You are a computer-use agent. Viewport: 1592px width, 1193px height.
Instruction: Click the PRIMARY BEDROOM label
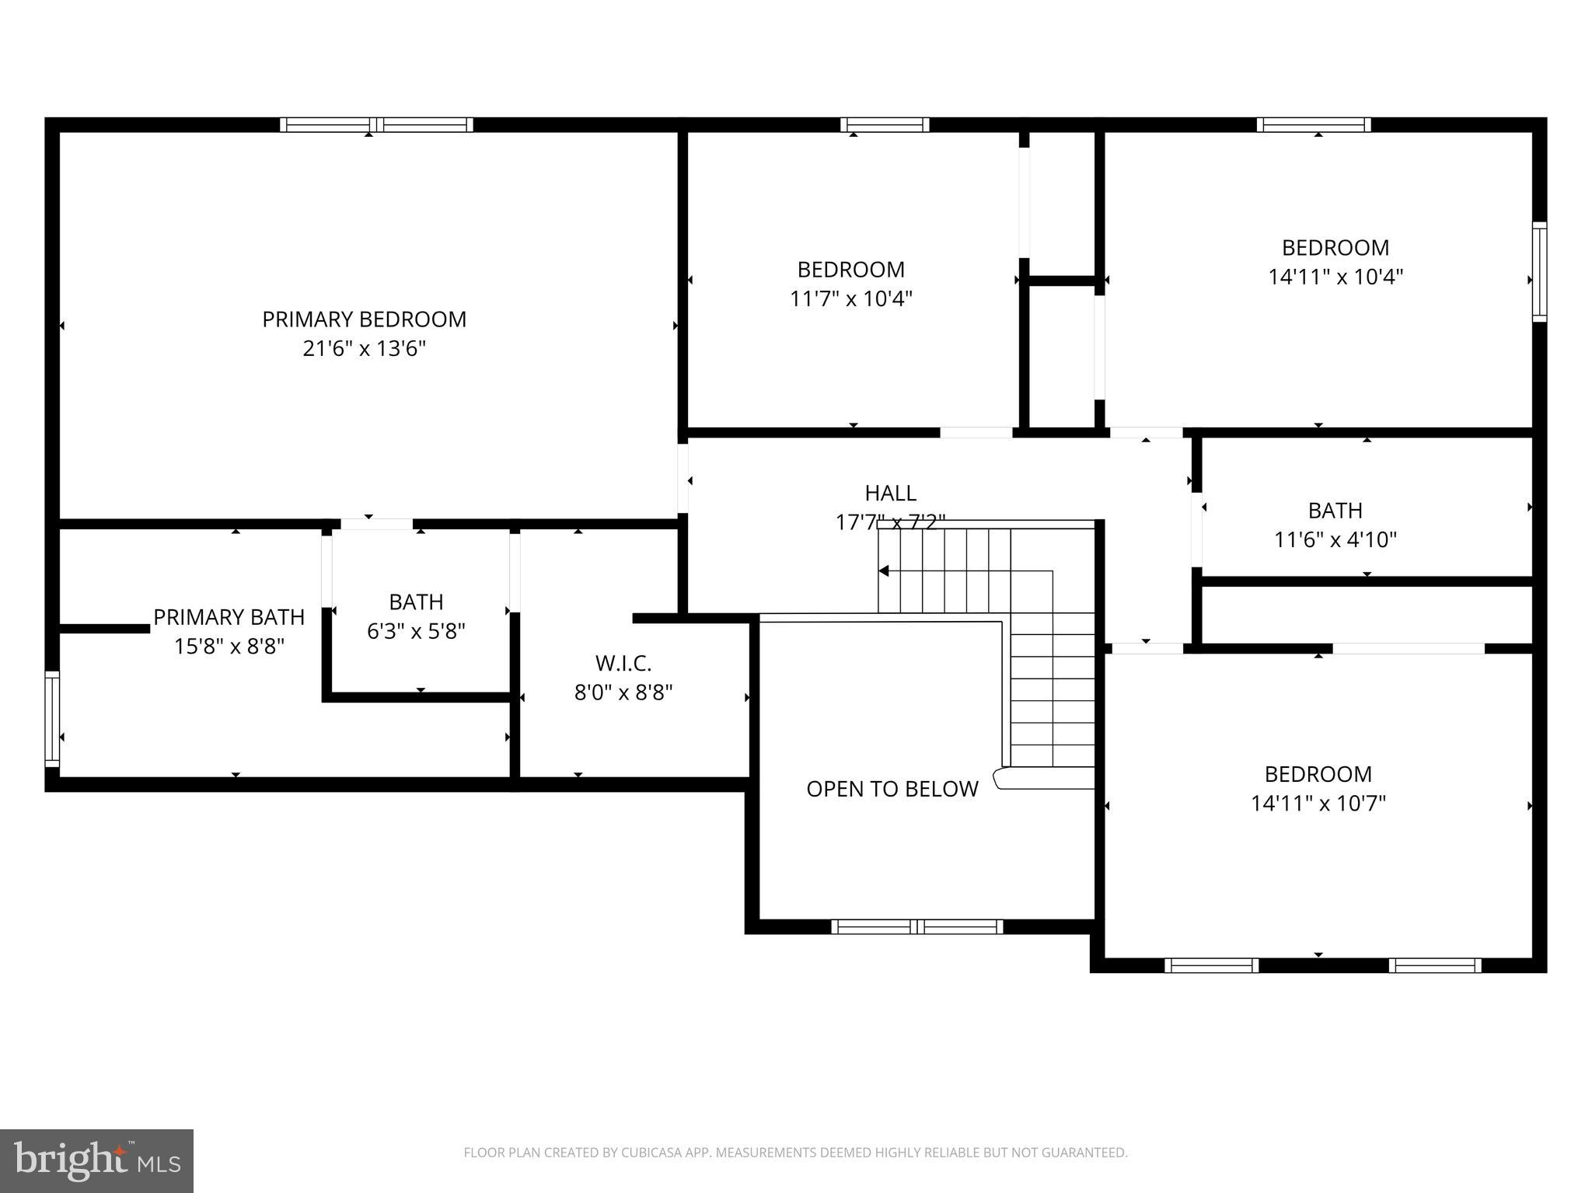point(364,319)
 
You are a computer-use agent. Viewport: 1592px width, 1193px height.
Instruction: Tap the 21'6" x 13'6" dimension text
point(364,348)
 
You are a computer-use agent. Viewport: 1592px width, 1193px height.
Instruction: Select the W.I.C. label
point(623,664)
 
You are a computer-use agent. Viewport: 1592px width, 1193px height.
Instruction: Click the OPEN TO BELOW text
point(892,789)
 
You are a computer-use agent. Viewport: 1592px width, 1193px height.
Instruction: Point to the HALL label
point(890,493)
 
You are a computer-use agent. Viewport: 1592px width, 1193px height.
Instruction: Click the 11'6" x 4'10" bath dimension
point(1335,539)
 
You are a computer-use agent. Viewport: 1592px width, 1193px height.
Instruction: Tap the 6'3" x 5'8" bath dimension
point(416,631)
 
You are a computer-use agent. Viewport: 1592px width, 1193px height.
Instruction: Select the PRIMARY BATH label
point(229,617)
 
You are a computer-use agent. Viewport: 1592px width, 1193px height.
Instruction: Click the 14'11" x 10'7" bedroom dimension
point(1318,803)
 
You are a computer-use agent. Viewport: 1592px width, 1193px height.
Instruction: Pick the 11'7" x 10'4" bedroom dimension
point(850,298)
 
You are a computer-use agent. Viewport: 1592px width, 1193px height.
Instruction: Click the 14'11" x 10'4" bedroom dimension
point(1335,277)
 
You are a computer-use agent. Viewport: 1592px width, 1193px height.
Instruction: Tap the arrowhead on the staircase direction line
point(884,571)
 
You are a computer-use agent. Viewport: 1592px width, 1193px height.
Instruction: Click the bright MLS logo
point(96,1160)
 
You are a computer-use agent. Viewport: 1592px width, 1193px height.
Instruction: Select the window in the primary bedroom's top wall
point(376,124)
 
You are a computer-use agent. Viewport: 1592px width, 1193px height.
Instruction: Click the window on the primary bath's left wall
point(52,719)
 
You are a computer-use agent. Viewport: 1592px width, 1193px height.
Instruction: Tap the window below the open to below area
point(916,926)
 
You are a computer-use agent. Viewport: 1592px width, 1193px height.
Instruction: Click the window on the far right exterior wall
point(1539,271)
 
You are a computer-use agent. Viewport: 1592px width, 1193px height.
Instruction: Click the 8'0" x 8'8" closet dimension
point(623,692)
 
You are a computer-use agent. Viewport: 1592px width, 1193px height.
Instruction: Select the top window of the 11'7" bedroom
point(885,124)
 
